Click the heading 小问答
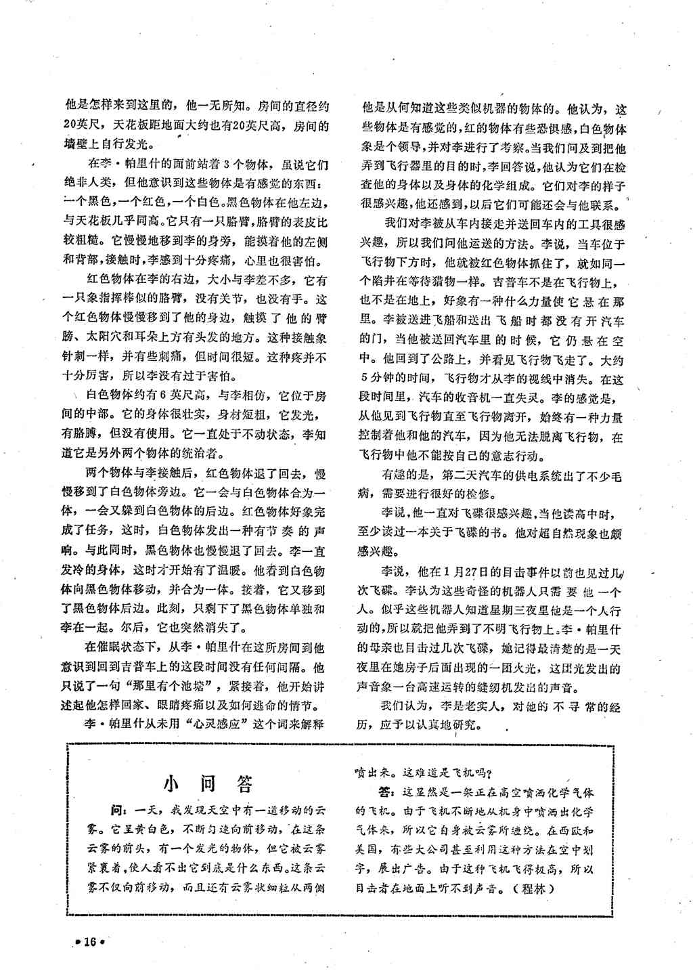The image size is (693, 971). [x=208, y=783]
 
